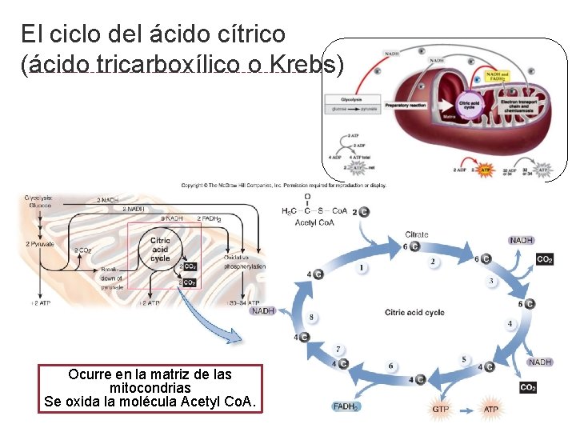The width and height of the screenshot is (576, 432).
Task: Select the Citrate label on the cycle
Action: (416, 234)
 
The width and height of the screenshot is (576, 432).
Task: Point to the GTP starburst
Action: (441, 409)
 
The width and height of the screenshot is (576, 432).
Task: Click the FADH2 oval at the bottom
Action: (346, 406)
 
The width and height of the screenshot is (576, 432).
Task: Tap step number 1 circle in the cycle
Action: (362, 266)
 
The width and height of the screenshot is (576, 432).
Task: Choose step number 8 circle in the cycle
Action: (311, 318)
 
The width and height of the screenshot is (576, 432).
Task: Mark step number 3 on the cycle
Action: (491, 282)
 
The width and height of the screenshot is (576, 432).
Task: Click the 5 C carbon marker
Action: (526, 304)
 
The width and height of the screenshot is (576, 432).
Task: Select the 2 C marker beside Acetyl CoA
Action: (363, 211)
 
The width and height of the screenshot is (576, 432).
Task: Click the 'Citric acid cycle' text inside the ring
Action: (414, 312)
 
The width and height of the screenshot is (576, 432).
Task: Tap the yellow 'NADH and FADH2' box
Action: (496, 78)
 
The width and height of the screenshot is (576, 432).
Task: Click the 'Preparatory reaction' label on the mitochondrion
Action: (406, 105)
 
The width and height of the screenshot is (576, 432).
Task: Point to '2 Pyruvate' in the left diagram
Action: (39, 243)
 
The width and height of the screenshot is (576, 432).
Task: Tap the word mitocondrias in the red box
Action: (150, 388)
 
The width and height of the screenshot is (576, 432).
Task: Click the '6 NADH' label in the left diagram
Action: (173, 218)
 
